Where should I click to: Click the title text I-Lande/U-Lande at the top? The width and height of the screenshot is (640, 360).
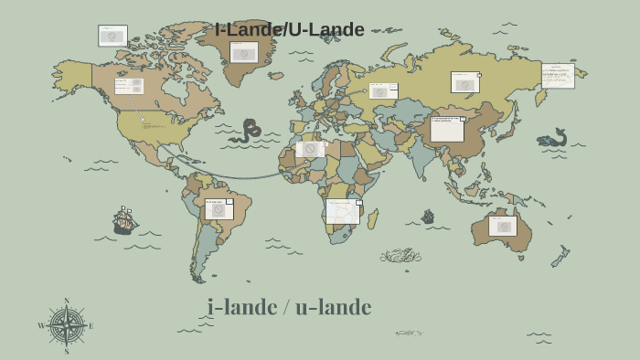(x=290, y=30)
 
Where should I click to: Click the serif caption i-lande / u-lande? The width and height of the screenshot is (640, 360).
(x=289, y=307)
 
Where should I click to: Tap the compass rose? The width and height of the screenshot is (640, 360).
(x=66, y=325)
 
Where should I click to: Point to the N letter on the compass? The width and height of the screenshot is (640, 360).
(x=66, y=301)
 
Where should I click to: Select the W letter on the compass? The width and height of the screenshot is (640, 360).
(x=41, y=326)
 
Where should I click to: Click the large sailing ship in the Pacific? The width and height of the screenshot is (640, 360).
(x=125, y=220)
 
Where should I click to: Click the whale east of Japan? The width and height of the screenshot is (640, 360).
(x=553, y=139)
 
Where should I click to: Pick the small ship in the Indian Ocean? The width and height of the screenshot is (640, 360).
(x=427, y=217)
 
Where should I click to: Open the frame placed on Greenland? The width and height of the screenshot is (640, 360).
(x=242, y=53)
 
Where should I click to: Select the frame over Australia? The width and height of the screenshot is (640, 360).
(x=502, y=226)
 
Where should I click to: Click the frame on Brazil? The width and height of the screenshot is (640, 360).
(x=219, y=209)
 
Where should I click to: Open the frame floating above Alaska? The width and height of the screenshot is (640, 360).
(x=112, y=36)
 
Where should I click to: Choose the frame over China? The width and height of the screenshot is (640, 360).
(x=447, y=129)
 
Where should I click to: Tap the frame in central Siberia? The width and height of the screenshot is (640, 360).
(x=464, y=83)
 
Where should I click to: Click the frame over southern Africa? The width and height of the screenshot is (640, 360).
(x=343, y=211)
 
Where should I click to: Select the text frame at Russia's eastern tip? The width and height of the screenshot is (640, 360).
(x=558, y=76)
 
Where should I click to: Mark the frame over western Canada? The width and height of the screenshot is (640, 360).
(x=129, y=86)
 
